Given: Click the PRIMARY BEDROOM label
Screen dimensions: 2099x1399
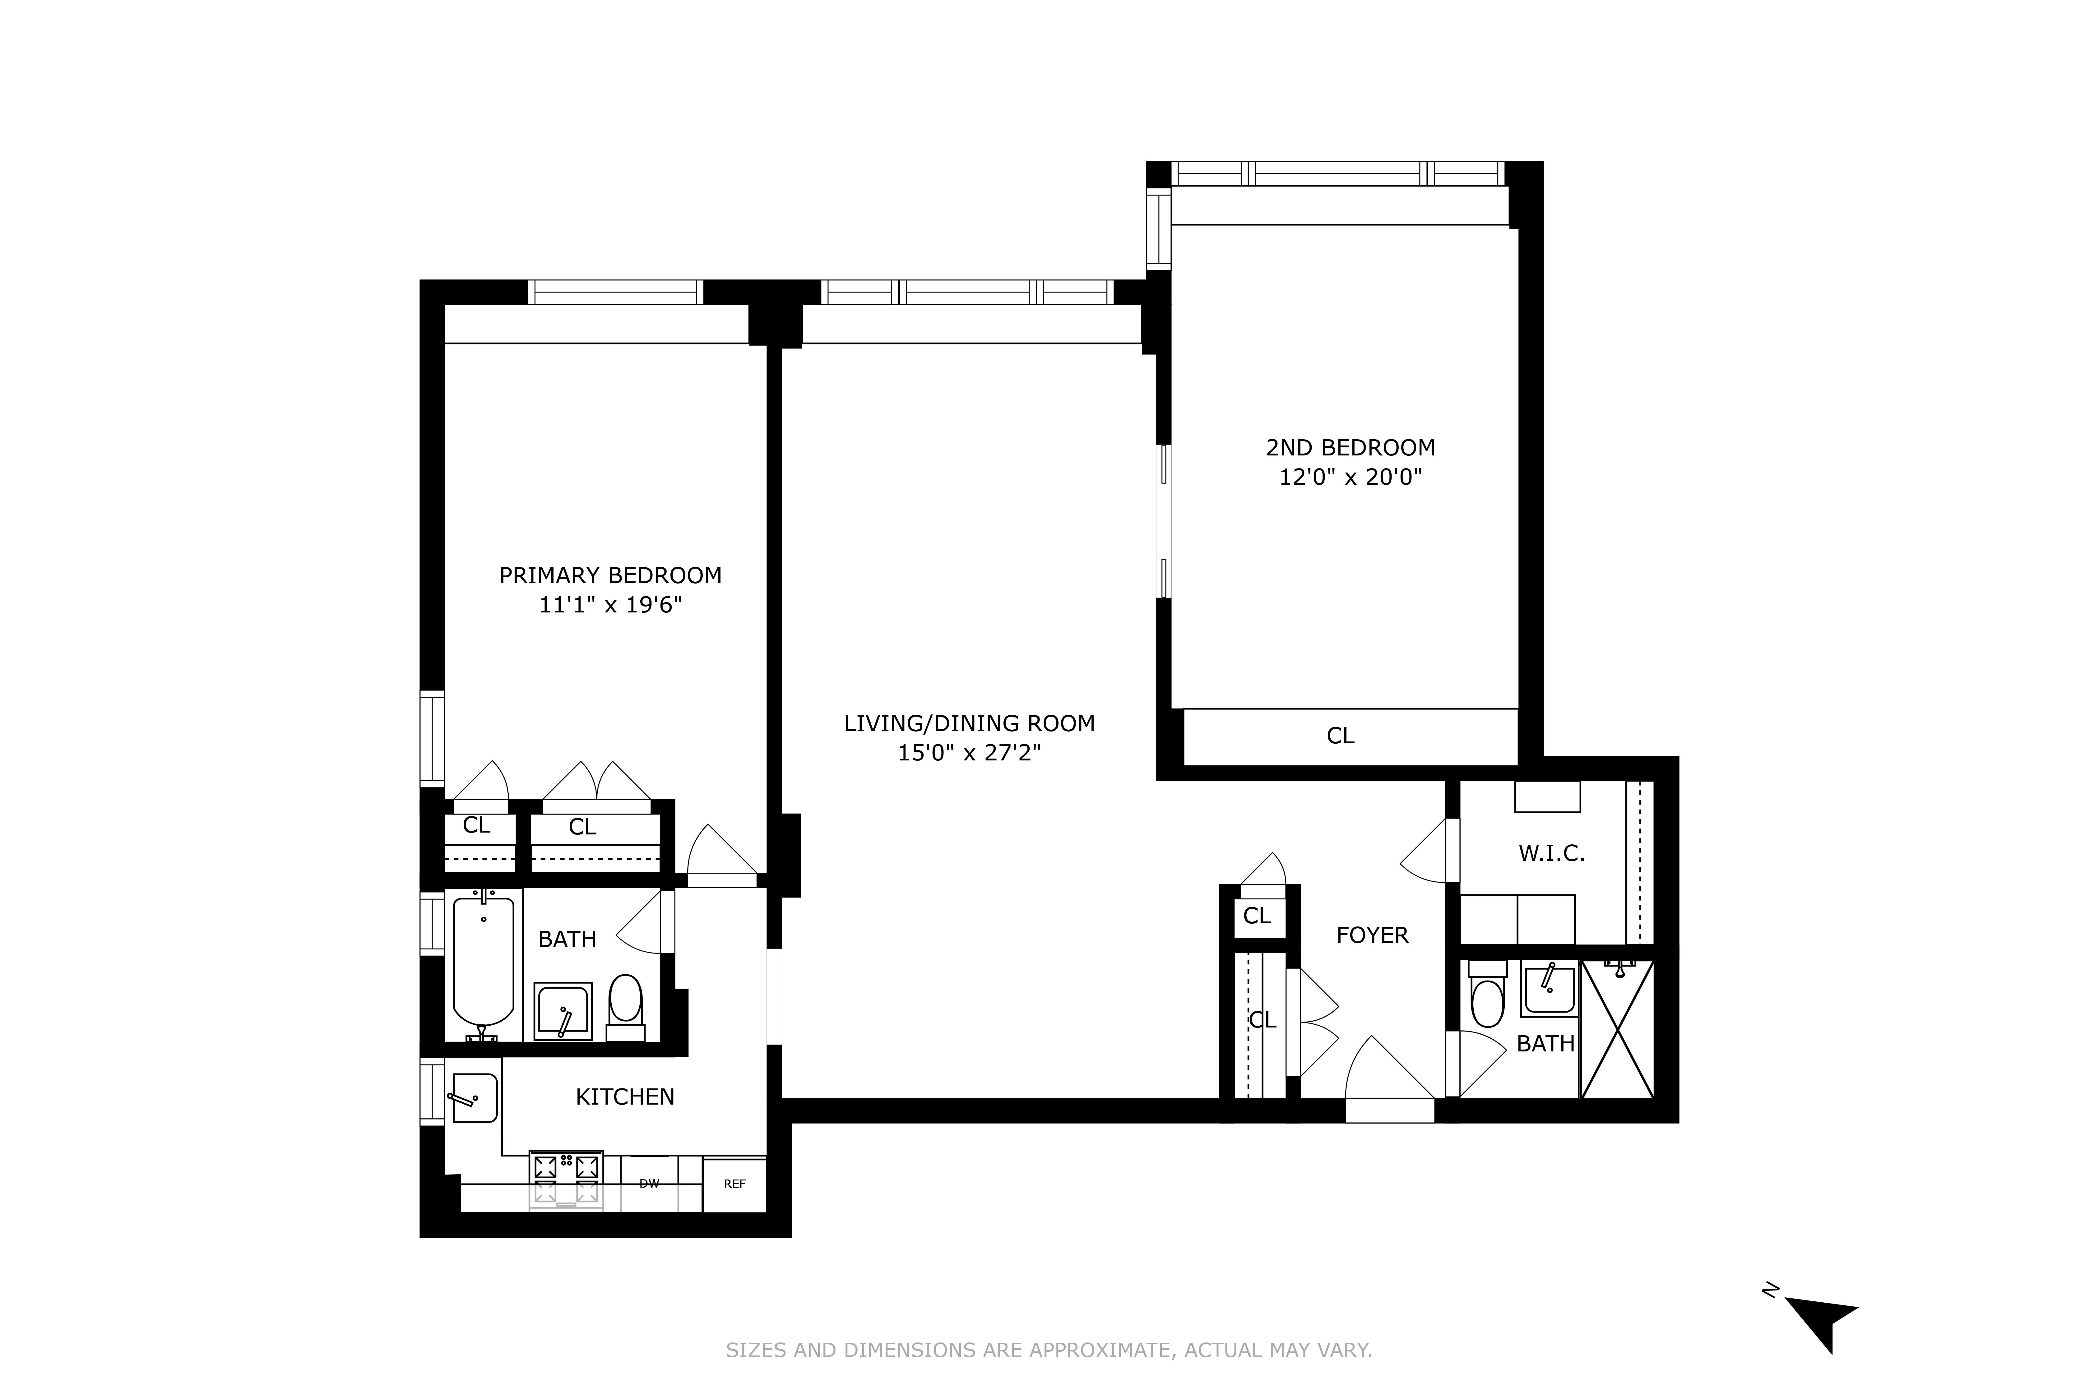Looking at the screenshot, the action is pyautogui.click(x=610, y=575).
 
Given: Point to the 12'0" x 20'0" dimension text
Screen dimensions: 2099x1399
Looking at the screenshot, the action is pyautogui.click(x=1350, y=477).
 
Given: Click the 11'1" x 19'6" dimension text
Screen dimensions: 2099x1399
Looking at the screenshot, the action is pyautogui.click(x=610, y=605).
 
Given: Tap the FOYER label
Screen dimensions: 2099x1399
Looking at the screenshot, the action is pyautogui.click(x=1373, y=935).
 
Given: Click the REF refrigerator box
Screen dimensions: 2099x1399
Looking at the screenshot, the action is pyautogui.click(x=734, y=1185).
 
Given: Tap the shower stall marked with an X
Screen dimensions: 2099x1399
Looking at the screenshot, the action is pyautogui.click(x=1617, y=1030).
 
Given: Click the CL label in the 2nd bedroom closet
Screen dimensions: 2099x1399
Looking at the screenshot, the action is pyautogui.click(x=1341, y=735).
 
